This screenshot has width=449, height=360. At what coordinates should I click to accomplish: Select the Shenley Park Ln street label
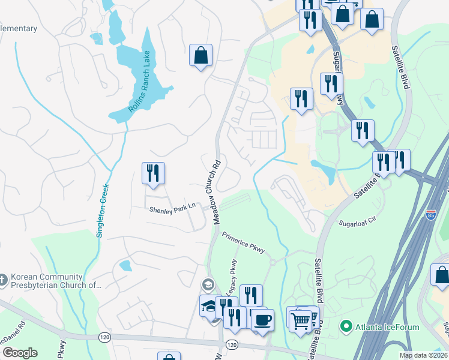(x=173, y=208)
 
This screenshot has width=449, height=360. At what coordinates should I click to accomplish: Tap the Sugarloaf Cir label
(x=358, y=221)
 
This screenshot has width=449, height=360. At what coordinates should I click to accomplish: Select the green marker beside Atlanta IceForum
(x=346, y=327)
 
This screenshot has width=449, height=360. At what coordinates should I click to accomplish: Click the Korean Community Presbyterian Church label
(x=51, y=282)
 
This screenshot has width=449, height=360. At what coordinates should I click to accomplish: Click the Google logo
(x=20, y=353)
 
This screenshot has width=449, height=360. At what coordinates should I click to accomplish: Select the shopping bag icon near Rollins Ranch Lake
(x=201, y=55)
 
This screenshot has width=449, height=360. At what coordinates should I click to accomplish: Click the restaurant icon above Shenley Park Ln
(x=153, y=173)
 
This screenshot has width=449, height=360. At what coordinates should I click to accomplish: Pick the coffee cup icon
(x=262, y=319)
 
